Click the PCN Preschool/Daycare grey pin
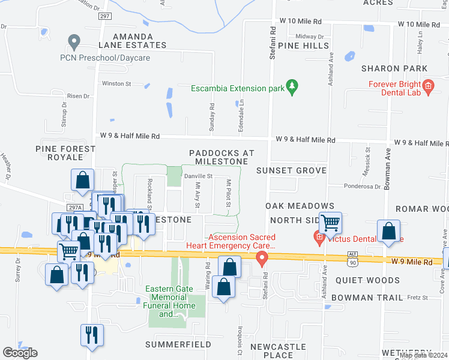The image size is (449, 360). click(74, 43)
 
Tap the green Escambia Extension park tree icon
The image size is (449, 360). click(292, 88)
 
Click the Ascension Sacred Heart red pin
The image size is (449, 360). click(262, 259)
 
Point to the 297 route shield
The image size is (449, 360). click(104, 16)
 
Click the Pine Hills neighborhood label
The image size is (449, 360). click(304, 46)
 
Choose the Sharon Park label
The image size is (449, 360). click(394, 68)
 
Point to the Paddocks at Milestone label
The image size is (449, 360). click(218, 157)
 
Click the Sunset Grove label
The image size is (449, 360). click(291, 171)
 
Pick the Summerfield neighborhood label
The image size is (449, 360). click(178, 345)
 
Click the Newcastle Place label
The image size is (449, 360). click(279, 350)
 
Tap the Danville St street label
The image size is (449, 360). click(198, 176)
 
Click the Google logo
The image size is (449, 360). click(20, 353)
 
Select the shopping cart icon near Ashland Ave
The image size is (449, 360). click(330, 223)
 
